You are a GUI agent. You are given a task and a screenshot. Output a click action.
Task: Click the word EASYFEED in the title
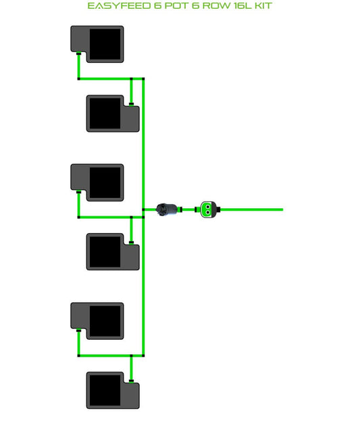click(119, 6)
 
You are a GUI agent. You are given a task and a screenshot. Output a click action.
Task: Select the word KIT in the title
click(263, 6)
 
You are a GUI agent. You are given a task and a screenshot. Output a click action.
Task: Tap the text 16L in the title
click(243, 6)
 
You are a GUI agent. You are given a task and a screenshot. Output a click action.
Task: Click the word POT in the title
click(177, 6)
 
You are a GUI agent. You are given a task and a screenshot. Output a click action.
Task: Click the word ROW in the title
click(217, 6)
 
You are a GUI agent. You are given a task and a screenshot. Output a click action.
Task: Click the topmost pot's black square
click(105, 45)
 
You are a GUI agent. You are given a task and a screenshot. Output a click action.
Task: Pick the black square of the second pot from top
click(105, 114)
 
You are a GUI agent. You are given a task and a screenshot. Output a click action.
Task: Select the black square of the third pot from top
click(105, 182)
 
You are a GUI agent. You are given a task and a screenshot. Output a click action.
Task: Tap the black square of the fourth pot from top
click(105, 252)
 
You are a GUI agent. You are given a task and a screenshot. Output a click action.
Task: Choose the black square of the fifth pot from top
click(105, 321)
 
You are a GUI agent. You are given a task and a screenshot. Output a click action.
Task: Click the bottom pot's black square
click(105, 391)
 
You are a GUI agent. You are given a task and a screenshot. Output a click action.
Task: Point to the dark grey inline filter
click(167, 209)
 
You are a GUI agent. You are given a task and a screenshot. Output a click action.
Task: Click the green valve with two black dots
click(208, 209)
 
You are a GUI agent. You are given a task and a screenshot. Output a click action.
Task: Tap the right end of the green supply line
click(283, 209)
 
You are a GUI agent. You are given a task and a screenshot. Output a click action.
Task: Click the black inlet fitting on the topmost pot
click(78, 53)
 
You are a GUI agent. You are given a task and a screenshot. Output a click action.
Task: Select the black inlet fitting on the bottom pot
click(132, 381)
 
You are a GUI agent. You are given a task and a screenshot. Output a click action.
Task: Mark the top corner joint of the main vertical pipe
click(143, 79)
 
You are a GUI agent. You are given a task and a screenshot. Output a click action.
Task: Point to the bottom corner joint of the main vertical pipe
click(143, 355)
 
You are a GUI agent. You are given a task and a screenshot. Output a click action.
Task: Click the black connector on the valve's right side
click(218, 209)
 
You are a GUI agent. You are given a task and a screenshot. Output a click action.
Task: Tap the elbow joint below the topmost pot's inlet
click(79, 79)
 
